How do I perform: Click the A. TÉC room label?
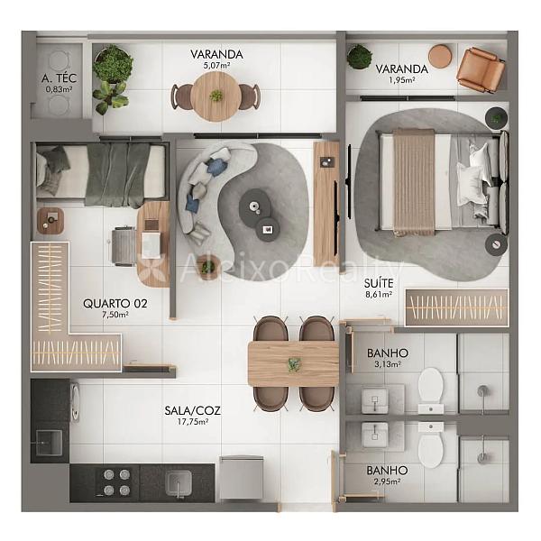59,78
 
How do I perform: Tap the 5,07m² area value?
216,65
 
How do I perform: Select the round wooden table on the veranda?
216,96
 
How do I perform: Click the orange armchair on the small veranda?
481,70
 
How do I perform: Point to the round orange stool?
440,56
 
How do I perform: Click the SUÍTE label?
379,284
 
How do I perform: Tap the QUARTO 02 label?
115,304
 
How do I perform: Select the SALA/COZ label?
192,410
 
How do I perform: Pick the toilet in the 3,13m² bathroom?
431,386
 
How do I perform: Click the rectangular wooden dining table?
293,363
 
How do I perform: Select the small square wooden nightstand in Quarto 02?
50,221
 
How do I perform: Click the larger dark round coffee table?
254,206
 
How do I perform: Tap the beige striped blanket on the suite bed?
414,182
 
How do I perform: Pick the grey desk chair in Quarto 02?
124,246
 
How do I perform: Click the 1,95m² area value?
401,80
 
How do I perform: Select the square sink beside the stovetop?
178,483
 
